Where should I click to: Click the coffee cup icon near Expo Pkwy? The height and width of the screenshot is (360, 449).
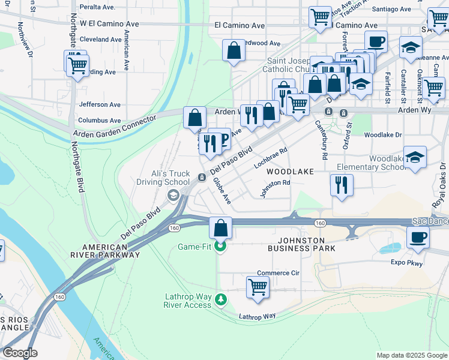click(x=418, y=236)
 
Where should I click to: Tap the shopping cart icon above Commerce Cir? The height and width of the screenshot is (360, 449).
click(x=258, y=287)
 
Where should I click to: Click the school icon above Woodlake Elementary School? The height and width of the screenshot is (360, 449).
click(x=415, y=158)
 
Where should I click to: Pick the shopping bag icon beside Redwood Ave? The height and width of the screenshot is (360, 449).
click(x=234, y=51)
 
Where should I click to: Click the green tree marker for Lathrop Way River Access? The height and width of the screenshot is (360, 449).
click(x=221, y=299)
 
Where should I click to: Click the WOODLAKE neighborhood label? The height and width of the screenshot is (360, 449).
click(x=291, y=172)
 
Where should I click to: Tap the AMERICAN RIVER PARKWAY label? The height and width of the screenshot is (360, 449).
click(x=111, y=251)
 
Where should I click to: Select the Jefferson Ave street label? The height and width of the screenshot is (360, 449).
click(x=97, y=104)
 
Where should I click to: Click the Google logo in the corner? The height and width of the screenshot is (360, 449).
click(x=20, y=353)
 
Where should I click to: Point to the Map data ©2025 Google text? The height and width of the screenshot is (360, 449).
click(x=411, y=355)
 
